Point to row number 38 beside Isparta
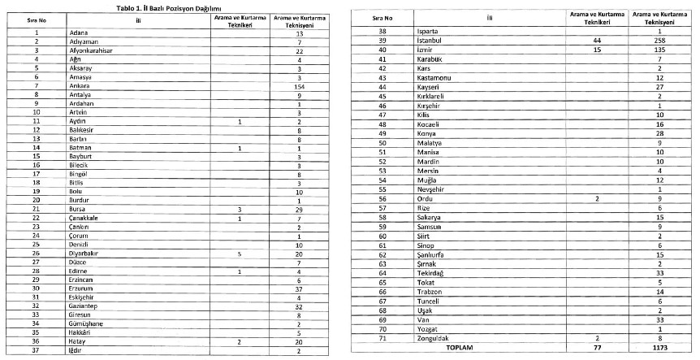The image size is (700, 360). [382, 30]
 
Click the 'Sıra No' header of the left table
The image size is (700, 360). [37, 20]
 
